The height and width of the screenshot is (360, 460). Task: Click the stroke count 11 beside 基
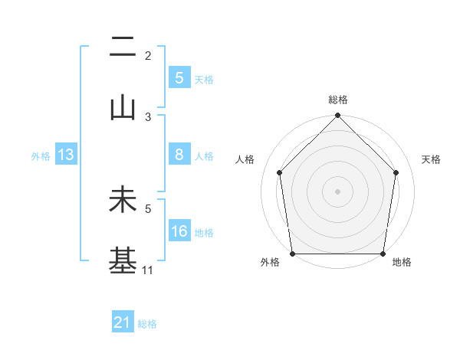pyautogui.click(x=148, y=270)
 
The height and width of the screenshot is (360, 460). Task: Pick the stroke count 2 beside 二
pyautogui.click(x=148, y=56)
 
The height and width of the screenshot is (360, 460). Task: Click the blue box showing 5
pyautogui.click(x=179, y=78)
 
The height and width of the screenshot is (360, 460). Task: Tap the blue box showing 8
pyautogui.click(x=179, y=155)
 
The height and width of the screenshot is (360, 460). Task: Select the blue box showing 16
pyautogui.click(x=179, y=231)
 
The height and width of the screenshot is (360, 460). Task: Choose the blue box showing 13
pyautogui.click(x=66, y=155)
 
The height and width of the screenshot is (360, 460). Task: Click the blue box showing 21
pyautogui.click(x=123, y=323)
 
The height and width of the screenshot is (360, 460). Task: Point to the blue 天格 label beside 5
pyautogui.click(x=204, y=79)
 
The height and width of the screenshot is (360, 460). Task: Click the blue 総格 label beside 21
pyautogui.click(x=147, y=324)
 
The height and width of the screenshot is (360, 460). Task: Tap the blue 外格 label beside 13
pyautogui.click(x=41, y=155)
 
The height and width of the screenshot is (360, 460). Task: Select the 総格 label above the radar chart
pyautogui.click(x=337, y=100)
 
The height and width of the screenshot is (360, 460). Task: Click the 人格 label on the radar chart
pyautogui.click(x=245, y=159)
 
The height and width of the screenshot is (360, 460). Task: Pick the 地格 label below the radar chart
pyautogui.click(x=402, y=262)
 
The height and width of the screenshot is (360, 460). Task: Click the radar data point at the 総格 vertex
pyautogui.click(x=337, y=116)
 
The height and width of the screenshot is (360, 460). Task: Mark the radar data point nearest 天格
pyautogui.click(x=396, y=172)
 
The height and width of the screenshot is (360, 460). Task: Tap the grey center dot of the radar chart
pyautogui.click(x=337, y=191)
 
